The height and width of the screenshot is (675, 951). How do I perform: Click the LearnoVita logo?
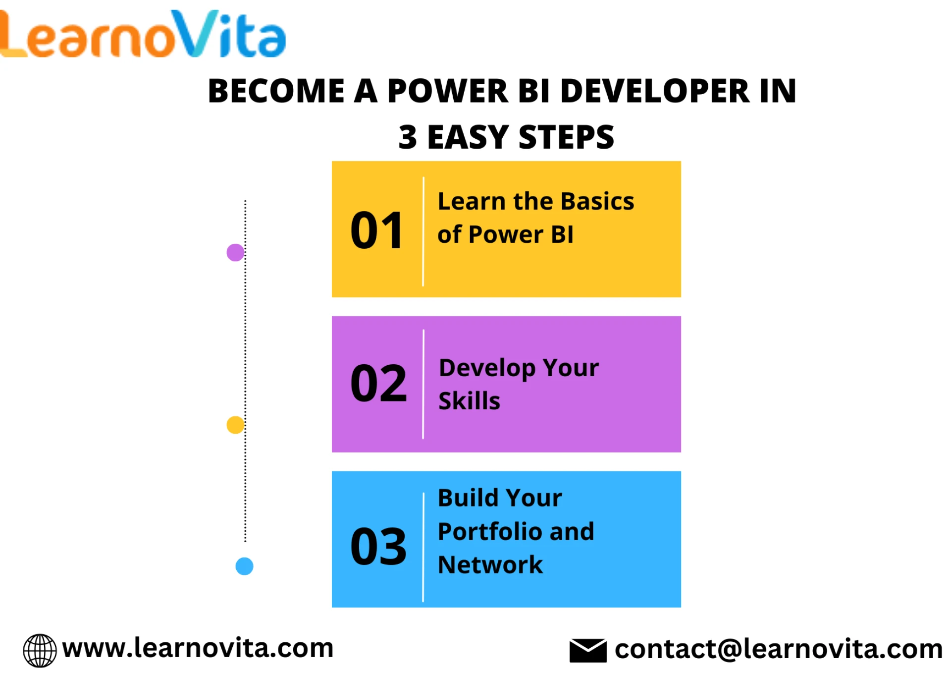143,34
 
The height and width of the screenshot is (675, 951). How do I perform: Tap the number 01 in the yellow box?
377,230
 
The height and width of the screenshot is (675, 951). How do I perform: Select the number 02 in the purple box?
378,383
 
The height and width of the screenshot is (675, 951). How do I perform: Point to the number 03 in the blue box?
378,546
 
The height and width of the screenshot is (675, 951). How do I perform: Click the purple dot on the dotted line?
235,252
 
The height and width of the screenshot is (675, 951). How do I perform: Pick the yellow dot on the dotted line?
235,425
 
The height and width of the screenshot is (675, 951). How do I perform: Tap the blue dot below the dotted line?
244,566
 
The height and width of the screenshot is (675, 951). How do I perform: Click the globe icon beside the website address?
40,650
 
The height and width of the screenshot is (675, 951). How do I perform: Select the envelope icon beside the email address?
588,650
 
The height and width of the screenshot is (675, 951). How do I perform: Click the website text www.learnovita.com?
198,648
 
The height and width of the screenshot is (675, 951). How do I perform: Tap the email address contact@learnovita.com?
779,649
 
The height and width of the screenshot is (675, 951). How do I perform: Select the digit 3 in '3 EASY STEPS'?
408,137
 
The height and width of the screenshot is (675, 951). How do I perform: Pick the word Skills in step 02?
470,401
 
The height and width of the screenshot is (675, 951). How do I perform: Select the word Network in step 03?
490,565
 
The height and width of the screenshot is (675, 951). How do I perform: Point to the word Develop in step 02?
487,368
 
